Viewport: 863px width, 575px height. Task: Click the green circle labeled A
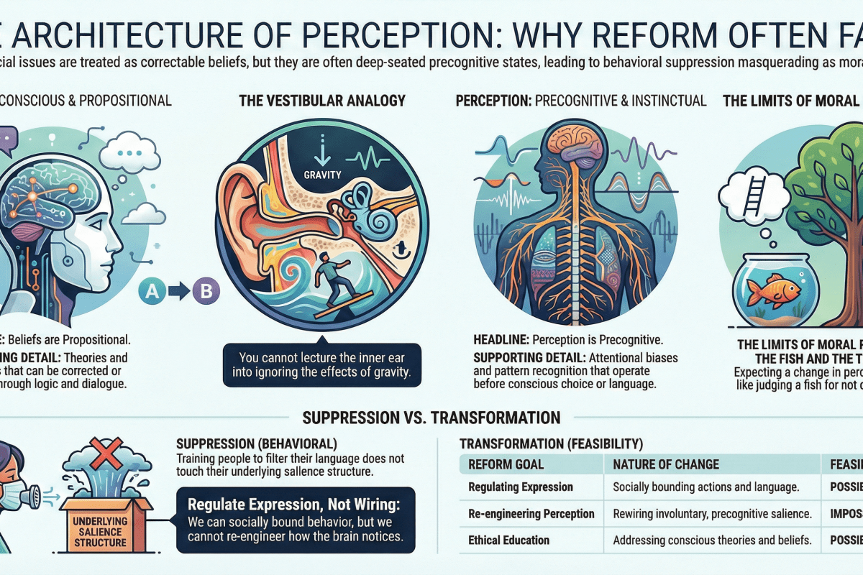pos(151,292)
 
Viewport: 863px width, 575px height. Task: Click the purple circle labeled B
pos(206,292)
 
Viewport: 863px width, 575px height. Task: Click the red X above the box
pos(100,454)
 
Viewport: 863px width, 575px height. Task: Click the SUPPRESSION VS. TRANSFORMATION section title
pos(431,418)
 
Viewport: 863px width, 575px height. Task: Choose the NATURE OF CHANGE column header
pos(666,464)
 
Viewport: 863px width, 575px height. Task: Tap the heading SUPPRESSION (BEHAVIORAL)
pos(257,443)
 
